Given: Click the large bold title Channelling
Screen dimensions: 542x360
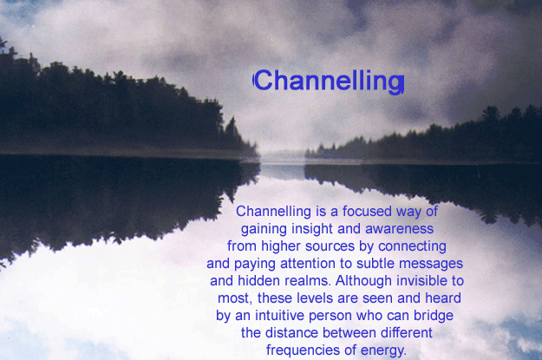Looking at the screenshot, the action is pyautogui.click(x=329, y=81).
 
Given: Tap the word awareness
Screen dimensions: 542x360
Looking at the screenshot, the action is pyautogui.click(x=399, y=229).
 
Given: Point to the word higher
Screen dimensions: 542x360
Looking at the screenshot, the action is pyautogui.click(x=281, y=246).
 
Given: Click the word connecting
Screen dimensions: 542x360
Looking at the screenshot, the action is pyautogui.click(x=412, y=246).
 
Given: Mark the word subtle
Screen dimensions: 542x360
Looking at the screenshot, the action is pyautogui.click(x=375, y=264).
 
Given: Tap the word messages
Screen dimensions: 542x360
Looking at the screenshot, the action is pyautogui.click(x=431, y=264).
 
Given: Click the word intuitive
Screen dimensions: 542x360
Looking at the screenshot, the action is pyautogui.click(x=279, y=316).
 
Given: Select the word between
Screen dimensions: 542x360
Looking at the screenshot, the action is pyautogui.click(x=349, y=333).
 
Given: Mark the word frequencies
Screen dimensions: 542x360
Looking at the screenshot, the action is pyautogui.click(x=304, y=350).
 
